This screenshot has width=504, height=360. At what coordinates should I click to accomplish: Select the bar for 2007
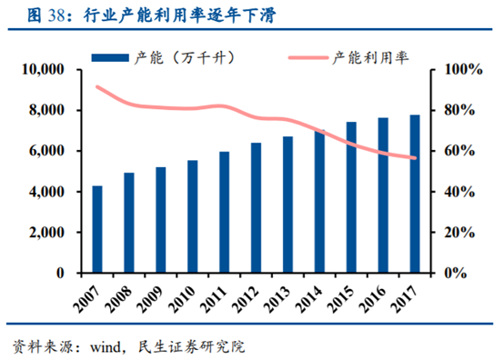(x=97, y=229)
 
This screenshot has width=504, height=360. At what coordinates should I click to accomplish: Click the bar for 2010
(x=192, y=216)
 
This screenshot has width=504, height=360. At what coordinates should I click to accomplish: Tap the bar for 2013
(x=287, y=205)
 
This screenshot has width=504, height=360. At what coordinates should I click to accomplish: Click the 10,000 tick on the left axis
(x=42, y=70)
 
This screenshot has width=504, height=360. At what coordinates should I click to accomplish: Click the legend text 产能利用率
(x=368, y=56)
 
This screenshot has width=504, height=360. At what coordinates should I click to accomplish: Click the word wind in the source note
(x=101, y=346)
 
